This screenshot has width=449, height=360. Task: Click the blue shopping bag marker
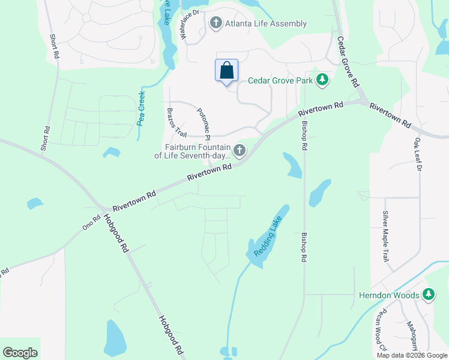point(227,70)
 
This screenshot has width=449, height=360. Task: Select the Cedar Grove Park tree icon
point(322,80)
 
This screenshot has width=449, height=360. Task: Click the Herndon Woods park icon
point(428,295)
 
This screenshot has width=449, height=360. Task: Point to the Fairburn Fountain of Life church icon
point(240,150)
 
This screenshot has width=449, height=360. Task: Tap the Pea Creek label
point(141,107)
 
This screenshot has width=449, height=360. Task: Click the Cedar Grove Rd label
point(348,60)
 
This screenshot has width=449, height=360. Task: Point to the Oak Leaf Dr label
point(418,155)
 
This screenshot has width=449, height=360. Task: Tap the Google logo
point(20,353)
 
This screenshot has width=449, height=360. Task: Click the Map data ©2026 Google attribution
point(412,355)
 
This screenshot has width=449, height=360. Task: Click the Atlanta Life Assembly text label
point(265,24)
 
